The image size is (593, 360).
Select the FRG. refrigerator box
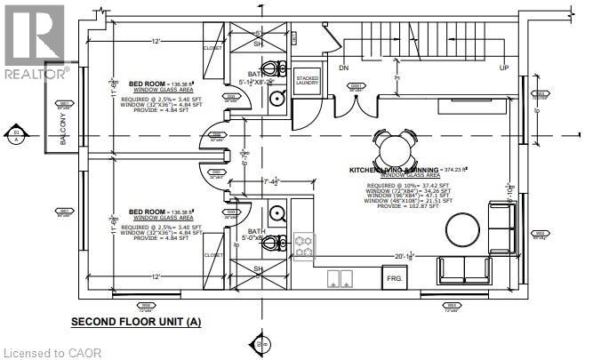tap(393, 277)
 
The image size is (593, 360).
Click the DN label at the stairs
tap(343, 68)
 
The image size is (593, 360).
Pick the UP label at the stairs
tap(504, 68)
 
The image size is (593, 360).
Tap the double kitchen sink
tap(340, 278)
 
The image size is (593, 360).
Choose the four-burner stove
tap(304, 246)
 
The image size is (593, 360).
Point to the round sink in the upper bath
tap(276, 98)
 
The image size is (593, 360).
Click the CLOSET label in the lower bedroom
tap(212, 255)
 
